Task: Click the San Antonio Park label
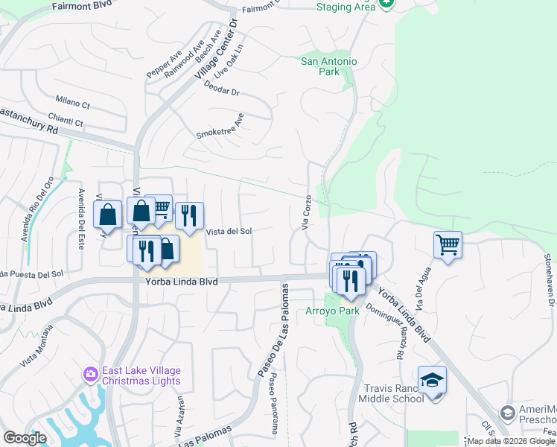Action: (x=328, y=66)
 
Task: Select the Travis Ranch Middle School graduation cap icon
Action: (x=432, y=379)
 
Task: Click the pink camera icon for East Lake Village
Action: (x=91, y=373)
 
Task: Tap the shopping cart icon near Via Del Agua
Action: (x=448, y=244)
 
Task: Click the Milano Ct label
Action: (x=72, y=99)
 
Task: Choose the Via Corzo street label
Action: (x=306, y=213)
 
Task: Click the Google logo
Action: (x=25, y=439)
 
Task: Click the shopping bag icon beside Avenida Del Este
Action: (x=108, y=215)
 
